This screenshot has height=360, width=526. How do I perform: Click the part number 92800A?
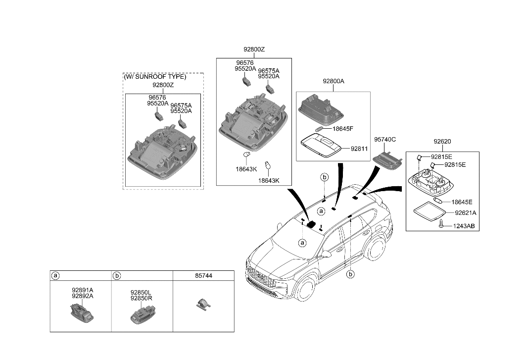coord(333,81)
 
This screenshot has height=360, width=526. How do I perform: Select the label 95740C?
coord(384,140)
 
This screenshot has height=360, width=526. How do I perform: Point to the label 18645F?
coord(343,128)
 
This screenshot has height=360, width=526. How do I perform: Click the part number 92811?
coord(360,148)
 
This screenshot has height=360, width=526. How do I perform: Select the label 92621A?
coord(466,213)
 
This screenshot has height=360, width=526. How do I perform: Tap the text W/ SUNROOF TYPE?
coord(155,77)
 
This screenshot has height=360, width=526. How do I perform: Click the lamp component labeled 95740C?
coord(387,159)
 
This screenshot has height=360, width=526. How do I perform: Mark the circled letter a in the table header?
coord(56,275)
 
